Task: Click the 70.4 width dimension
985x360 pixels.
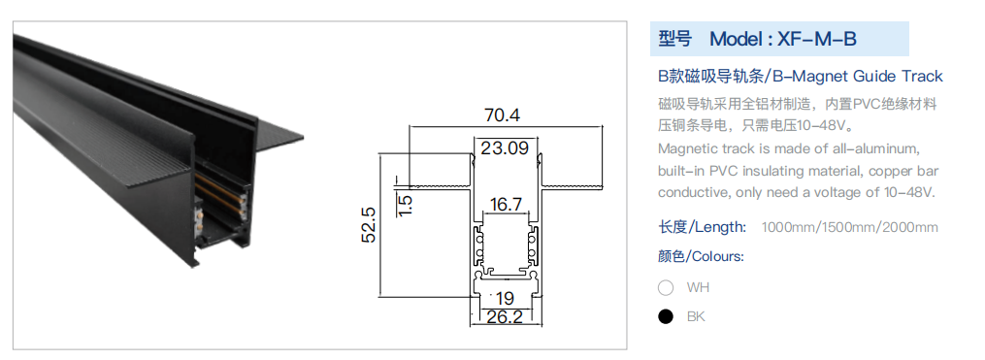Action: tap(502, 115)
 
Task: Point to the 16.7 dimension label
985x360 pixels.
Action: tap(506, 204)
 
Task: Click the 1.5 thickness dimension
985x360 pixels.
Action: tap(406, 205)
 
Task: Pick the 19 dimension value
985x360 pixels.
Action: tap(505, 299)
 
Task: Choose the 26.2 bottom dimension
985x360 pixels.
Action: tap(505, 316)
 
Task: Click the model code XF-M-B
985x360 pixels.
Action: tap(817, 39)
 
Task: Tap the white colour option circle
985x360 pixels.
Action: tap(666, 288)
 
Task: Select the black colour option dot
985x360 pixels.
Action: tap(666, 316)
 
